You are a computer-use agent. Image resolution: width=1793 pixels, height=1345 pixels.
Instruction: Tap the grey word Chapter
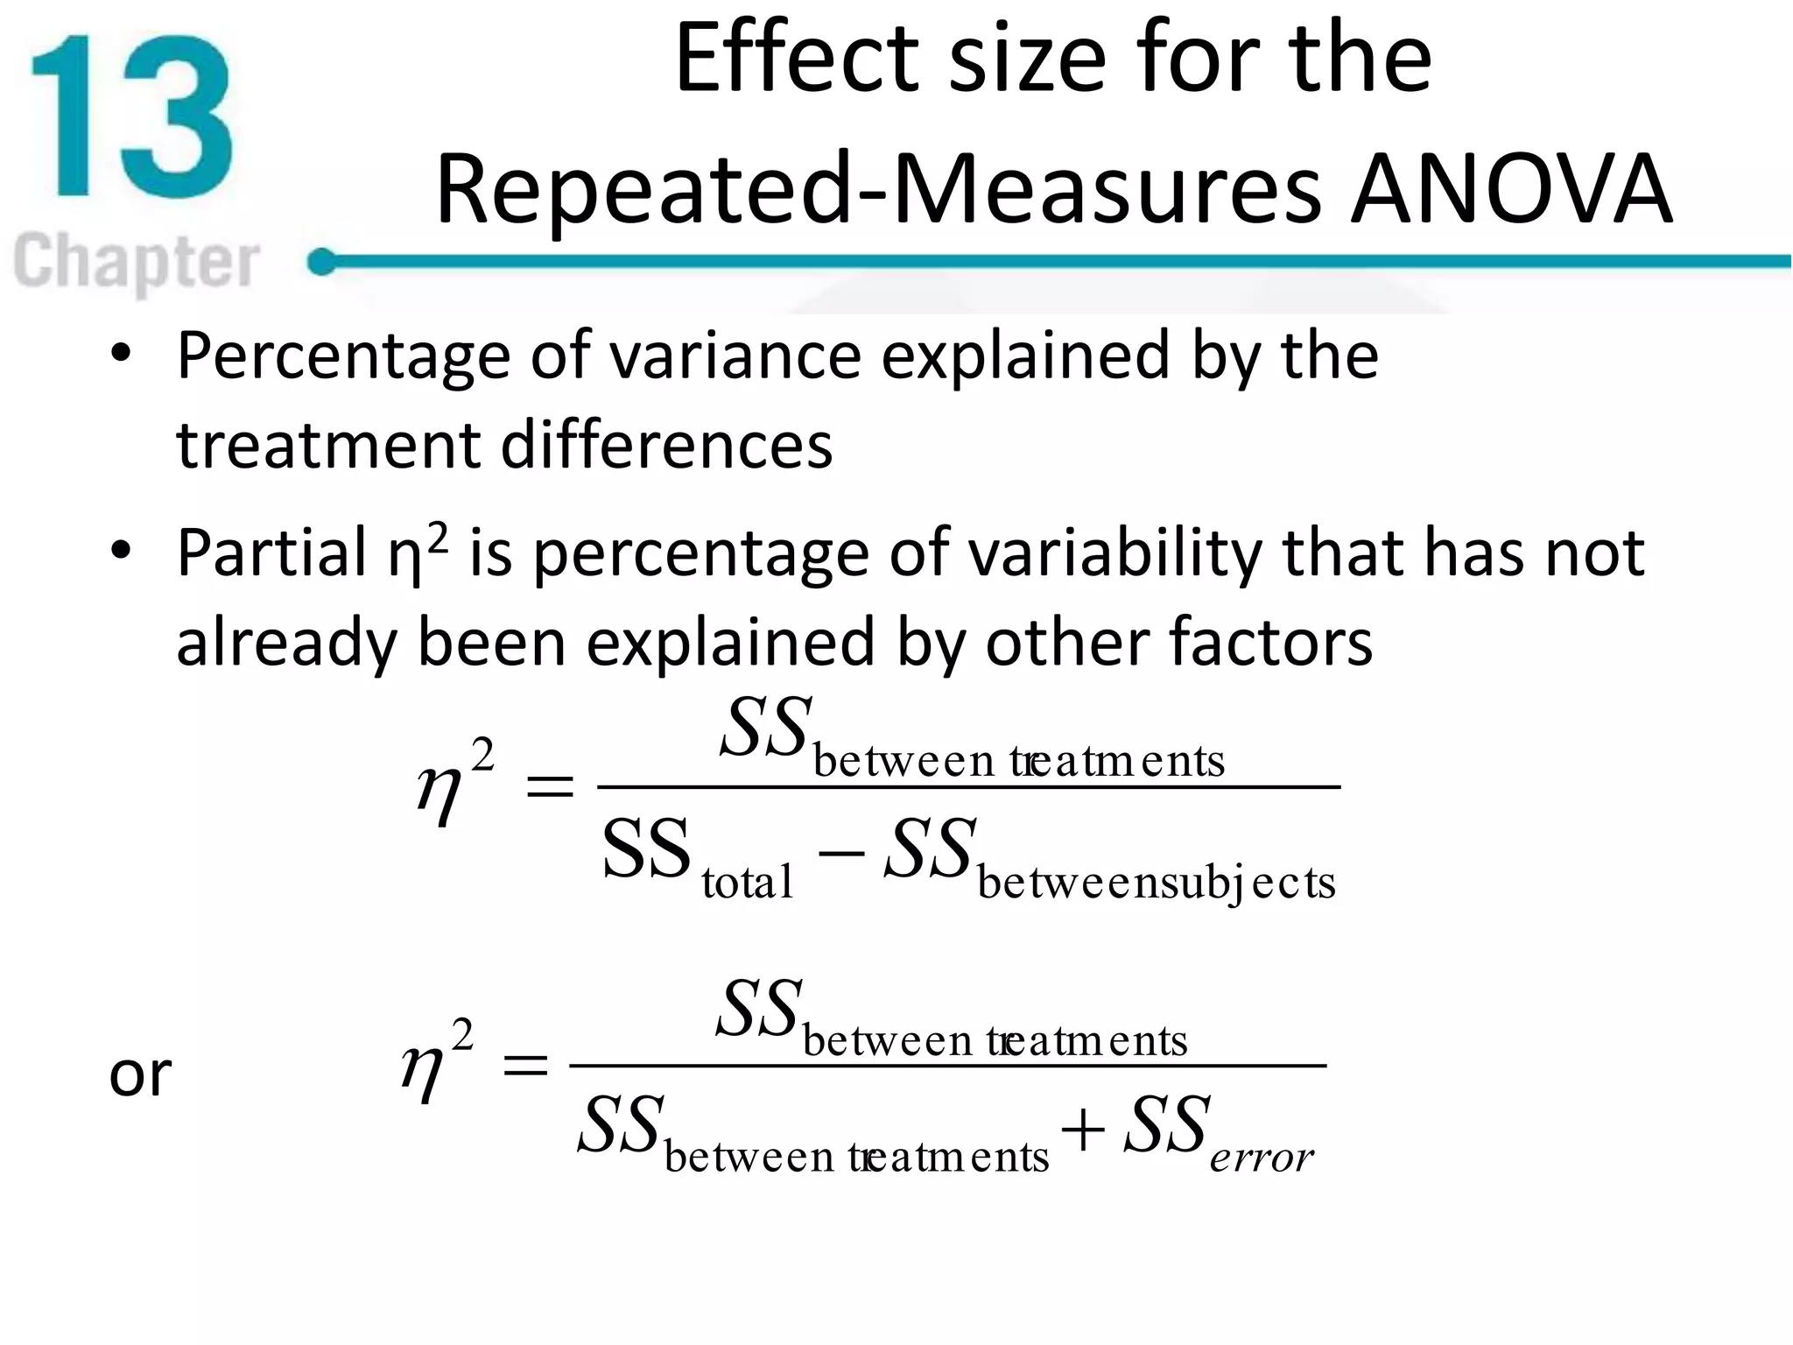(137, 261)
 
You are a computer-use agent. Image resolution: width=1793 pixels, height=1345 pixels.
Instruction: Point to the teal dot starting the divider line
(321, 261)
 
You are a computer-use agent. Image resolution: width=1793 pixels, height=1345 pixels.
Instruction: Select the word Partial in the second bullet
(272, 553)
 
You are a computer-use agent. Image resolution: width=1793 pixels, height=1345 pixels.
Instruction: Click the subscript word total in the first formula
(748, 883)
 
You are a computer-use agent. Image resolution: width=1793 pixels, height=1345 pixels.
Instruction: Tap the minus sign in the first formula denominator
(840, 849)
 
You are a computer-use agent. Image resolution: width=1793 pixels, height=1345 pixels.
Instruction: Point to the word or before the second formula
(140, 1075)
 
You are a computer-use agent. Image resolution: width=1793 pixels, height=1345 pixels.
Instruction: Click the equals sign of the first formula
(549, 786)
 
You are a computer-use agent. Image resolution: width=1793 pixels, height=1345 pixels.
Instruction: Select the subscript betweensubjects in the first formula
(1157, 883)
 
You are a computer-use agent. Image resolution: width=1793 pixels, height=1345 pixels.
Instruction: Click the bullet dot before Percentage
(121, 354)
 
